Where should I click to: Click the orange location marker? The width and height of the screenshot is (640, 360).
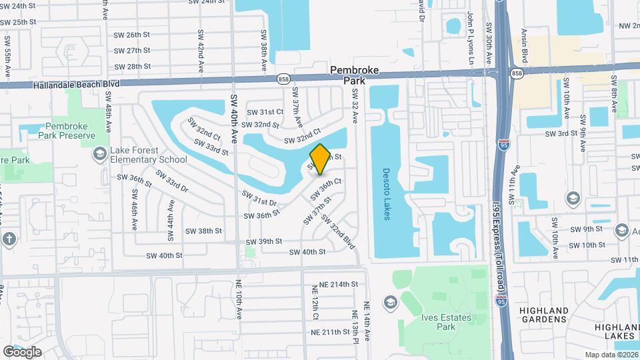pyautogui.click(x=320, y=159)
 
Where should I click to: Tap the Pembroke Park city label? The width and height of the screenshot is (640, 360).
pyautogui.click(x=355, y=75)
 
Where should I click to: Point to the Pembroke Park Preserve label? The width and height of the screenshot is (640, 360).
pyautogui.click(x=73, y=131)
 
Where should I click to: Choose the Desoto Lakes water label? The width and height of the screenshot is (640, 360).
pyautogui.click(x=386, y=193)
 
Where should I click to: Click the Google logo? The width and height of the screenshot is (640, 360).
pyautogui.click(x=23, y=351)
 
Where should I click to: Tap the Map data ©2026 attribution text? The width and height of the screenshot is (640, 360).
pyautogui.click(x=611, y=355)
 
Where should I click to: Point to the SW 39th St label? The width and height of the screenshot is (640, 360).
pyautogui.click(x=264, y=241)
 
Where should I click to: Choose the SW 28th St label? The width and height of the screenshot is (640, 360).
pyautogui.click(x=132, y=67)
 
